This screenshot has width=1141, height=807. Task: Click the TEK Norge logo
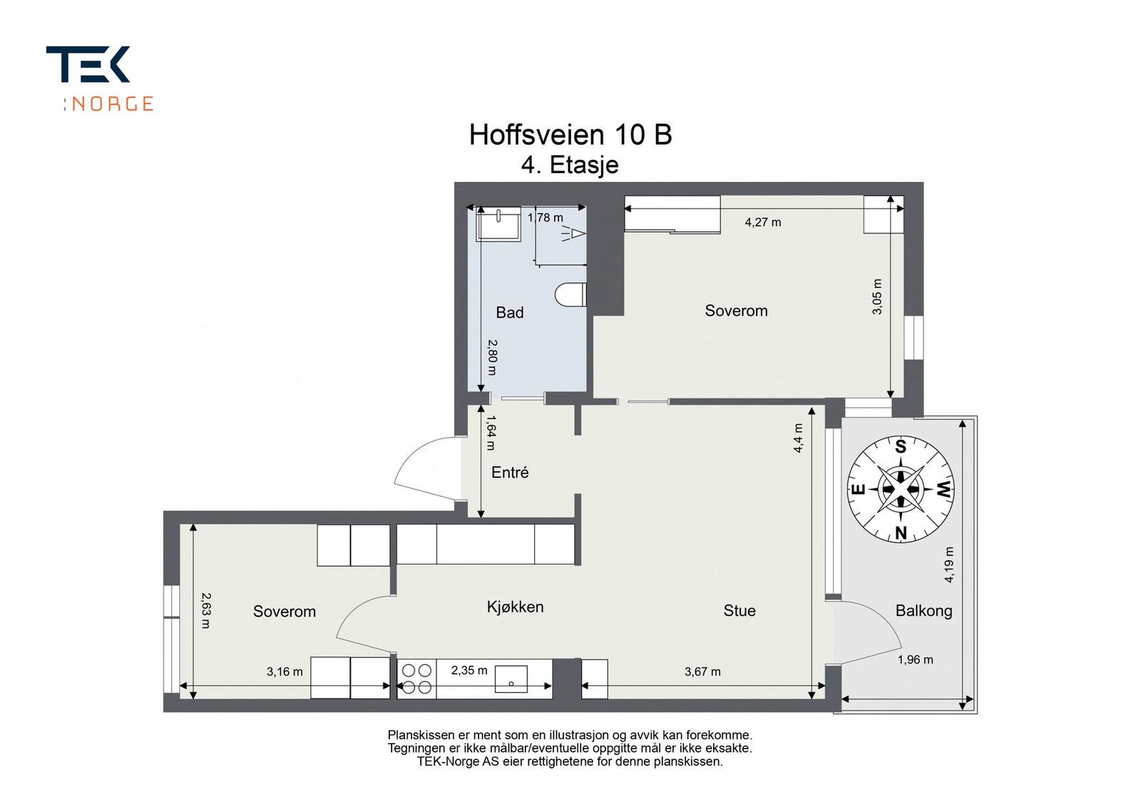pyautogui.click(x=99, y=78)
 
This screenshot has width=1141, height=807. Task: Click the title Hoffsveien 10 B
pyautogui.click(x=570, y=135)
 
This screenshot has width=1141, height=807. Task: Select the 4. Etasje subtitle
pyautogui.click(x=570, y=165)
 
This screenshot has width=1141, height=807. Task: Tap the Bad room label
pyautogui.click(x=509, y=312)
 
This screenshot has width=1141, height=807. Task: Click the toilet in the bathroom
pyautogui.click(x=570, y=295)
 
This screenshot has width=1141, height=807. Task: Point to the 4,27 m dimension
pyautogui.click(x=762, y=222)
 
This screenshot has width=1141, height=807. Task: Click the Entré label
pyautogui.click(x=510, y=472)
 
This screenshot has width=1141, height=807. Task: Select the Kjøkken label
pyautogui.click(x=515, y=607)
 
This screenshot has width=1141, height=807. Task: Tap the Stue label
pyautogui.click(x=739, y=610)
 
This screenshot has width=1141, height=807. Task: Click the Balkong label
pyautogui.click(x=923, y=610)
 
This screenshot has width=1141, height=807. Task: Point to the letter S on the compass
pyautogui.click(x=901, y=447)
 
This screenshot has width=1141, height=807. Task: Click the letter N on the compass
pyautogui.click(x=901, y=533)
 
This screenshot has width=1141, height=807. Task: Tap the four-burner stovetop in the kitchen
pyautogui.click(x=416, y=679)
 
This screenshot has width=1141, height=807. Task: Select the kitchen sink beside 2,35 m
pyautogui.click(x=511, y=679)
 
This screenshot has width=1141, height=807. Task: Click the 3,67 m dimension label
pyautogui.click(x=702, y=672)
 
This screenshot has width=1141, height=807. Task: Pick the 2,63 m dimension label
pyautogui.click(x=205, y=610)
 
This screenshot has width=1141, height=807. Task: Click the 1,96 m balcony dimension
pyautogui.click(x=915, y=659)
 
